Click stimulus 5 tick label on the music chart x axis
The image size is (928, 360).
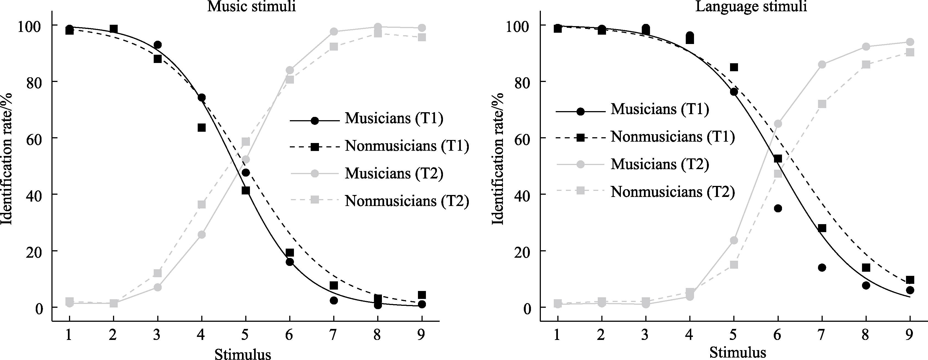pyautogui.click(x=245, y=335)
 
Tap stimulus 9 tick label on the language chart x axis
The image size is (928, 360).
pyautogui.click(x=910, y=335)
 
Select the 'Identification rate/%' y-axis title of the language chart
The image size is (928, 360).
pyautogui.click(x=498, y=159)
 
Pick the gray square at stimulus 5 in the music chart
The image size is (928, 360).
pyautogui.click(x=246, y=142)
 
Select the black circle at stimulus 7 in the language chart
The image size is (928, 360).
pyautogui.click(x=822, y=267)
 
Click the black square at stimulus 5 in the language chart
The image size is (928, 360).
pyautogui.click(x=734, y=67)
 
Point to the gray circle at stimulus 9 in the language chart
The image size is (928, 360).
pyautogui.click(x=910, y=42)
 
